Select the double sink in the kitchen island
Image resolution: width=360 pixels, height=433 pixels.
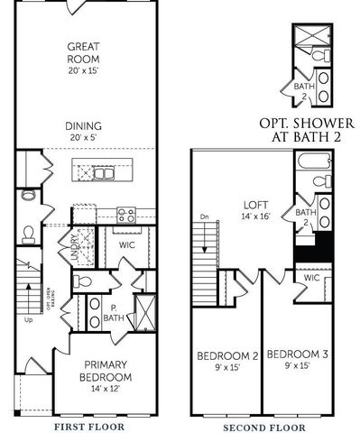(91, 169)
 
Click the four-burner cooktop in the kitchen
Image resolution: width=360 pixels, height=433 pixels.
(126, 215)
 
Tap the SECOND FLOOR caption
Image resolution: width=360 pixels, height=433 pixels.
(261, 425)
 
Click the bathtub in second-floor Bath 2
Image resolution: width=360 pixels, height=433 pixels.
(316, 163)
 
